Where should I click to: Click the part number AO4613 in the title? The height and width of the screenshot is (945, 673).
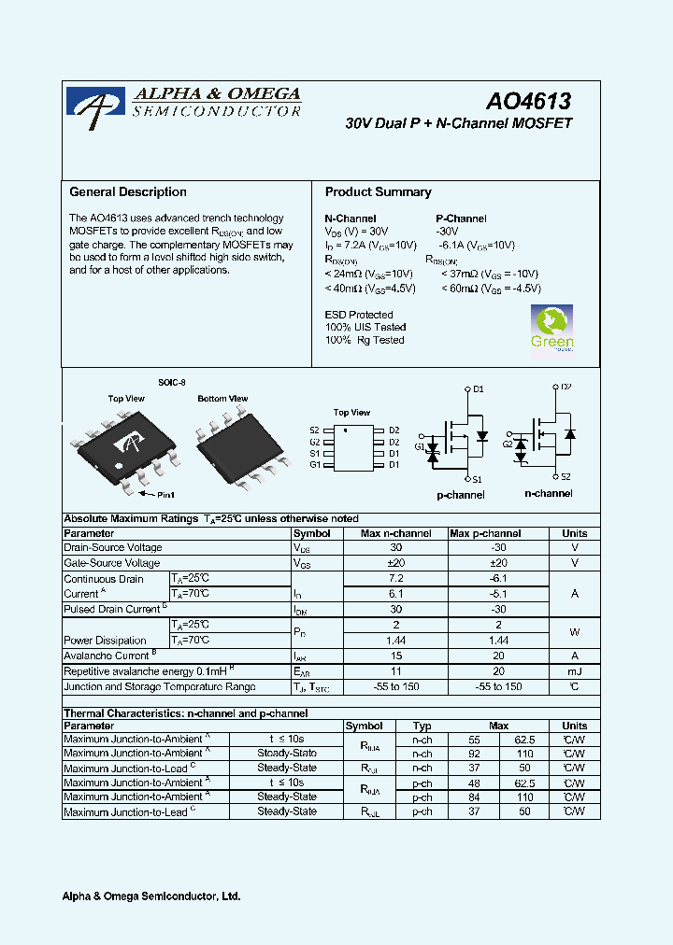tap(528, 100)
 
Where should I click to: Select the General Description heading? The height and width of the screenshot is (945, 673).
tap(128, 192)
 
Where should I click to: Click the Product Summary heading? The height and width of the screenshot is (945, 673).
tap(378, 192)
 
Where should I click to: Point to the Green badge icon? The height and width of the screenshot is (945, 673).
tap(551, 329)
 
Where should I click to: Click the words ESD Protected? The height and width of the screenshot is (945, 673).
tap(359, 315)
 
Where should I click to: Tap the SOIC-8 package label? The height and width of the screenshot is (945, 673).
tap(172, 383)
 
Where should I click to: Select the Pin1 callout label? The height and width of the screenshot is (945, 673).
tap(165, 494)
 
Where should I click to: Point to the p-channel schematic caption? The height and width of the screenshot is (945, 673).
tap(461, 495)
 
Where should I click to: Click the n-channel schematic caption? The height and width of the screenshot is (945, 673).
tap(548, 493)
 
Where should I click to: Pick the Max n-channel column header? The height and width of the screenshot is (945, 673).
tap(396, 533)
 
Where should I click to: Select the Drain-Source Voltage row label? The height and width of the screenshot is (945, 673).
tap(112, 548)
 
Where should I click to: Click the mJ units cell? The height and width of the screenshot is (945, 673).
tap(574, 671)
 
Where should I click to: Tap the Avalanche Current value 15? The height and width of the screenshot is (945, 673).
tap(396, 656)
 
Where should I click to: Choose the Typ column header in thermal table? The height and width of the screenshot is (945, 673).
tap(422, 726)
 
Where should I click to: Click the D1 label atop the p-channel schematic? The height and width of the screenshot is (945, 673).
tap(478, 388)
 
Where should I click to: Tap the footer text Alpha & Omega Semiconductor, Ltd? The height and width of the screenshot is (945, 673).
tap(151, 896)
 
